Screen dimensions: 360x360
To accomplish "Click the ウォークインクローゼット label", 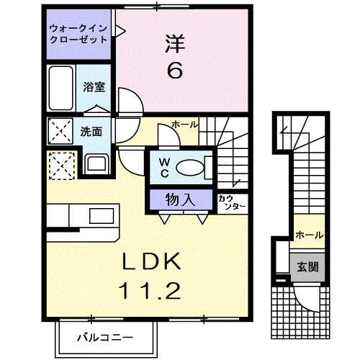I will [x=78, y=35].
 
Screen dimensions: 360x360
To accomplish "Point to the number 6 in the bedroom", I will [x=175, y=71].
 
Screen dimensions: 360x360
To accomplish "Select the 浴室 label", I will [x=94, y=88].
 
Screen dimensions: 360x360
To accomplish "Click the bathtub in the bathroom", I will [x=60, y=87].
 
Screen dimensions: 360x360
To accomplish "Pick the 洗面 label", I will [x=91, y=132].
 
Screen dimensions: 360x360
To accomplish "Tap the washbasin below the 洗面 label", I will [x=95, y=163].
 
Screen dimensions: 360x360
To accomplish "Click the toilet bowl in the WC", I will [x=191, y=168].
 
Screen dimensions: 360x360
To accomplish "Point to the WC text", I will [x=164, y=168].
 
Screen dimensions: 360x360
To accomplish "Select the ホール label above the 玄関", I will [x=307, y=235].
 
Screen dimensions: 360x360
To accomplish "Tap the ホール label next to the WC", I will [x=184, y=125].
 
